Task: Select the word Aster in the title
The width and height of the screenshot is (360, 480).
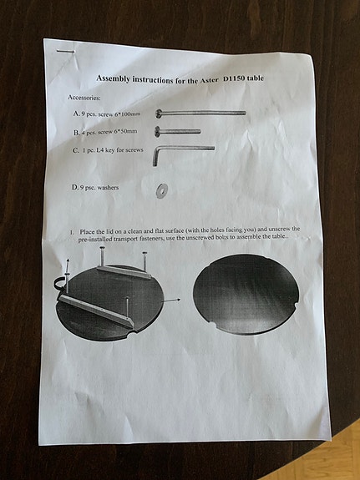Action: (x=209, y=78)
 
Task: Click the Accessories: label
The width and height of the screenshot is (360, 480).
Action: (x=87, y=99)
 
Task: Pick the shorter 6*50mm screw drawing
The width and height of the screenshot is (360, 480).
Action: (x=178, y=130)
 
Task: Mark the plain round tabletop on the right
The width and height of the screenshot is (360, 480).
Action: (x=246, y=295)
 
